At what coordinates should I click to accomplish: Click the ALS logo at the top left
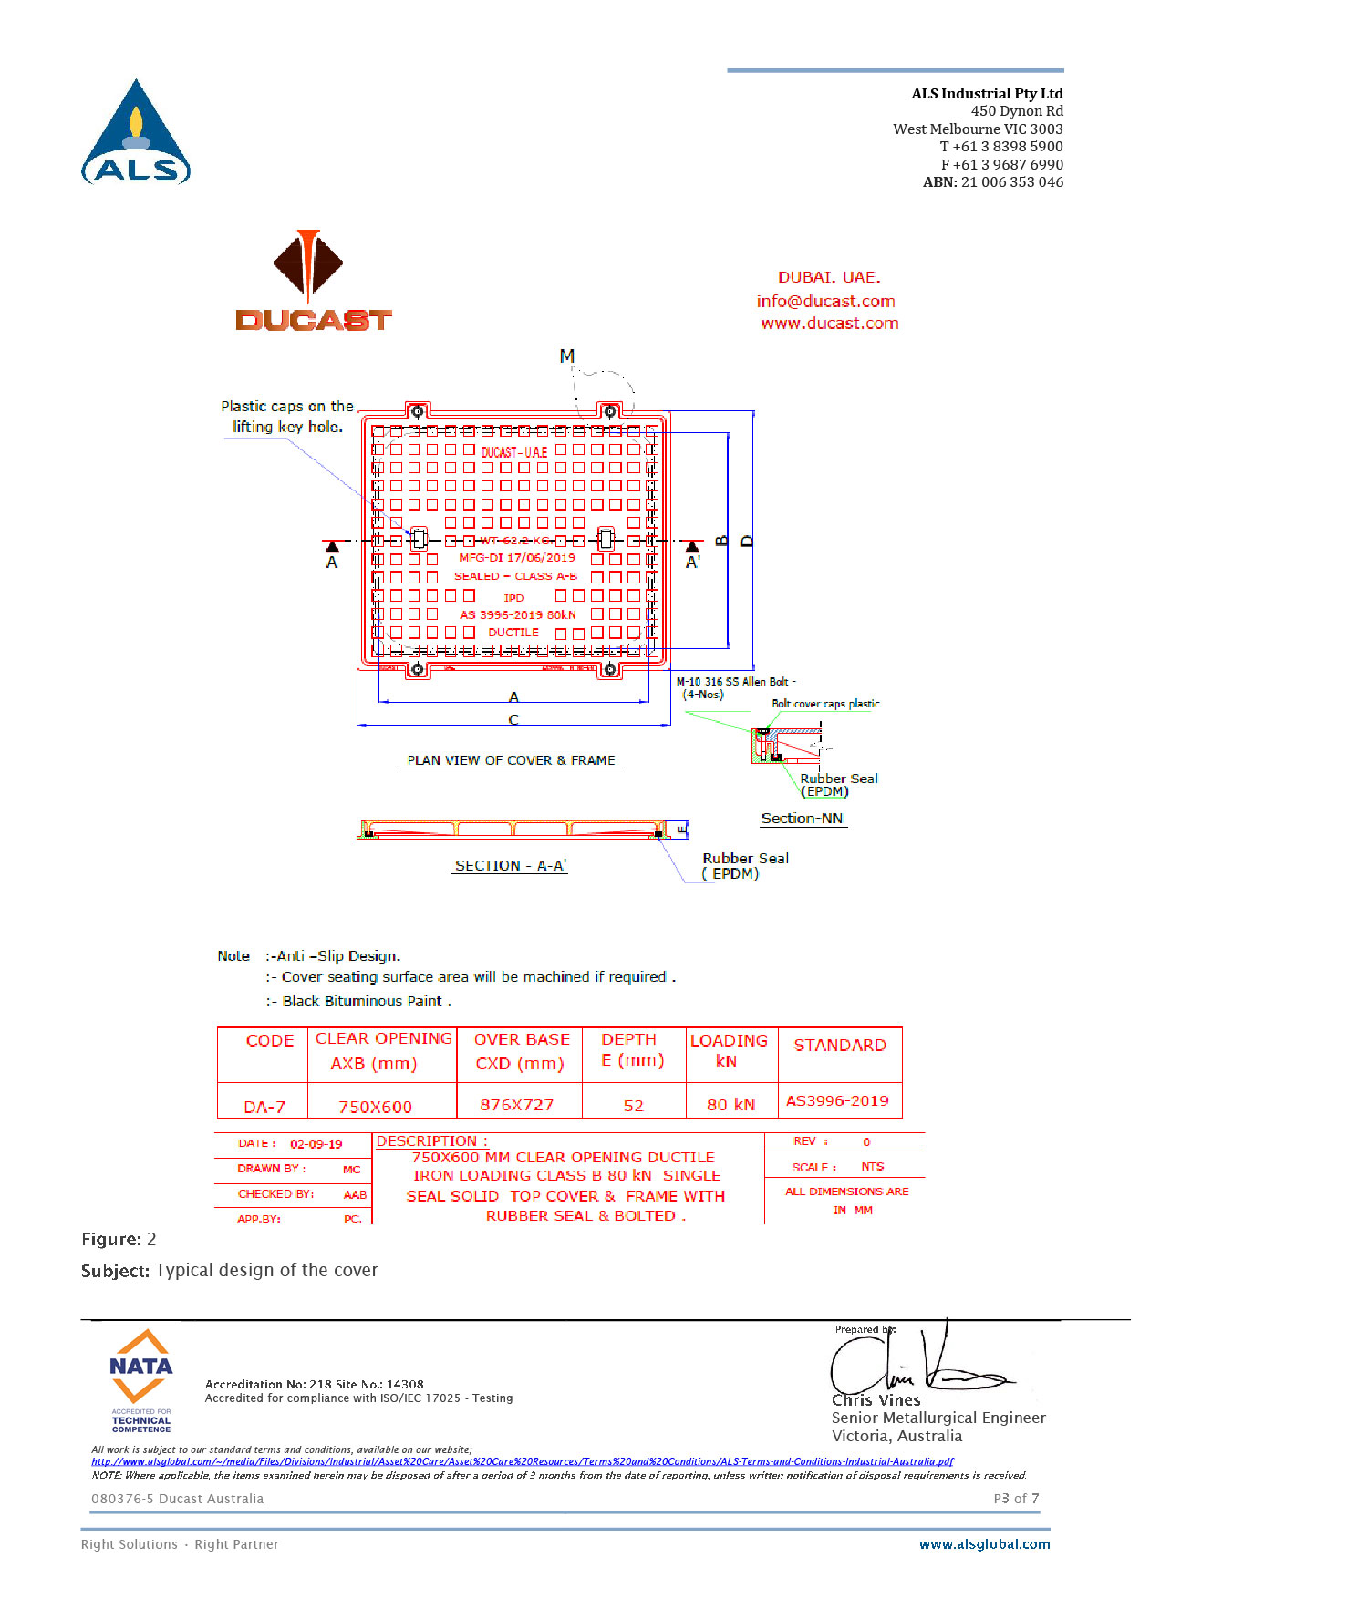click(136, 133)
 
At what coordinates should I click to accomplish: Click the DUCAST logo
click(312, 281)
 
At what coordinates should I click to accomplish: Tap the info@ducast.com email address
click(825, 302)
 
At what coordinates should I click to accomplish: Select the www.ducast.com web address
click(829, 324)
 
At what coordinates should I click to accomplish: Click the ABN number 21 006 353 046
click(1011, 182)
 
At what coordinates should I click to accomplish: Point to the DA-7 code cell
click(264, 1107)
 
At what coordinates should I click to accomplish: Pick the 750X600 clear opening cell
click(375, 1107)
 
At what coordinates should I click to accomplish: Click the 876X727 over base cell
click(517, 1105)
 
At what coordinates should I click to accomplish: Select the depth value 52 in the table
click(634, 1106)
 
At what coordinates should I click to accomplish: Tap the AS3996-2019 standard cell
click(837, 1101)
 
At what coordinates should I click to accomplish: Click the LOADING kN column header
click(729, 1050)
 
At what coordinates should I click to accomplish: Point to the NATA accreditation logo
click(140, 1380)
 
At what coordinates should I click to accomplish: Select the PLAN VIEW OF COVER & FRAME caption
click(511, 760)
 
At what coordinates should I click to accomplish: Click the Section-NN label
click(802, 819)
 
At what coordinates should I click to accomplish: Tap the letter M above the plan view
click(567, 356)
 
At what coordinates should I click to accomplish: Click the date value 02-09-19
click(316, 1144)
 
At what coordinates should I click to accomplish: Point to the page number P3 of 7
click(1016, 1499)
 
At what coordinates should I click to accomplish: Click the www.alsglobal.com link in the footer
click(984, 1544)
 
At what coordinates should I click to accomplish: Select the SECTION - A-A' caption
click(510, 866)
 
